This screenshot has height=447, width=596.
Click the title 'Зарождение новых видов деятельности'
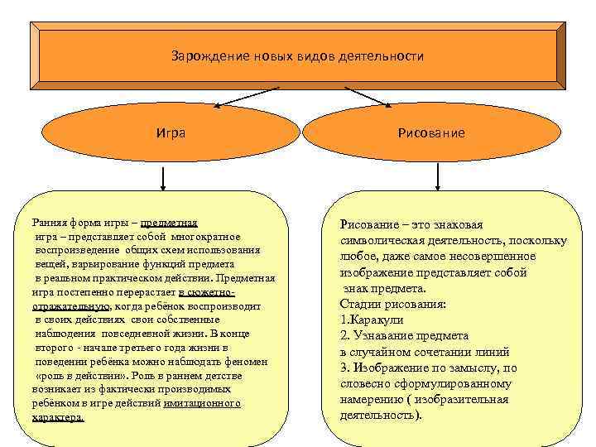click(x=297, y=56)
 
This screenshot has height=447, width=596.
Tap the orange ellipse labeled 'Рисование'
click(x=430, y=132)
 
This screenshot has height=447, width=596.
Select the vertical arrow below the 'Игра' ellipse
click(x=162, y=178)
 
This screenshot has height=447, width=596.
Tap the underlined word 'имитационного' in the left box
click(x=202, y=403)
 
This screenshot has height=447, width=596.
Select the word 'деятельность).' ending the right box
click(x=382, y=414)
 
